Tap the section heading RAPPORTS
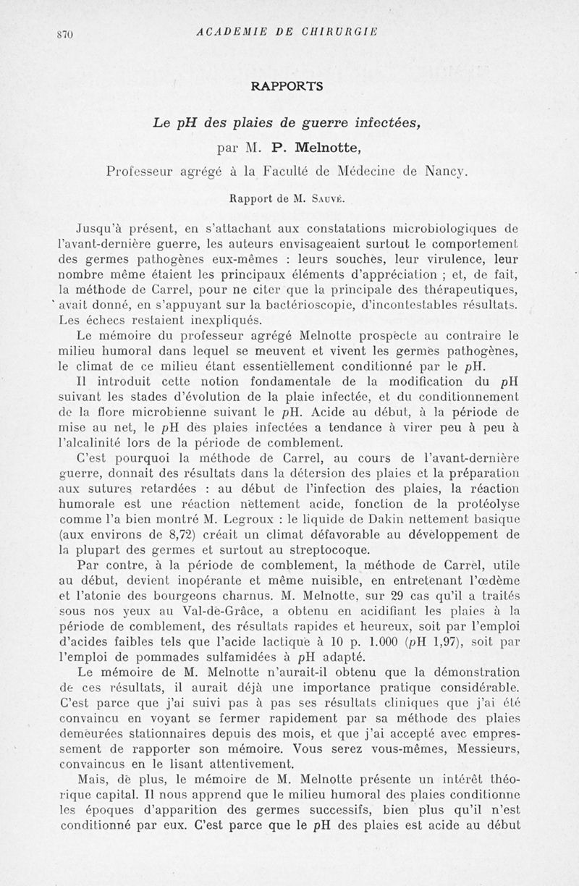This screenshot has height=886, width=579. tap(287, 85)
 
